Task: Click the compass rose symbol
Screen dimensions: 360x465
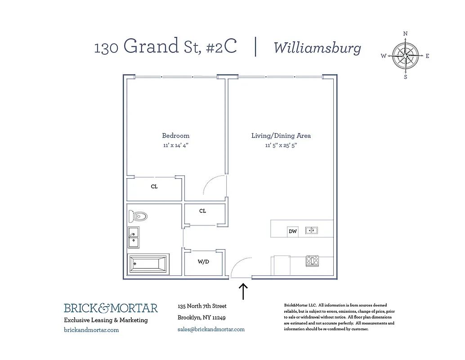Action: point(406,56)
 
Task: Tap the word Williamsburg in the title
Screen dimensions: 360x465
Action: point(317,48)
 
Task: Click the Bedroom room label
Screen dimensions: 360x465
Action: point(175,135)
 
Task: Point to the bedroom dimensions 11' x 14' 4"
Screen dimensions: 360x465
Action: point(175,145)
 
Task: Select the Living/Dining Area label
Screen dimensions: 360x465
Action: point(281,135)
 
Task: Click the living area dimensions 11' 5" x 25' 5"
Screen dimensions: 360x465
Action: point(281,145)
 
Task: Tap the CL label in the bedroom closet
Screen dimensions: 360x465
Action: point(154,186)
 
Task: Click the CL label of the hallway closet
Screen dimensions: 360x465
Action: point(203,211)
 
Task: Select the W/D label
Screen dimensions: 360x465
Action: point(203,262)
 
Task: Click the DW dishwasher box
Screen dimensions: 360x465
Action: point(293,231)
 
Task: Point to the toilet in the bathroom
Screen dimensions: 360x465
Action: point(138,216)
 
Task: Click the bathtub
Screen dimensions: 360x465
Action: point(148,264)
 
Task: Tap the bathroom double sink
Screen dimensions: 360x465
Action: point(134,237)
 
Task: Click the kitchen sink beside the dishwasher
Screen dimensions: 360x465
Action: point(311,231)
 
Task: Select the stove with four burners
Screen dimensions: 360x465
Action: point(312,261)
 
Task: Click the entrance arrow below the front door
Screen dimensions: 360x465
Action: point(243,291)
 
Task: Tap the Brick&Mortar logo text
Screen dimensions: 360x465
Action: point(111,308)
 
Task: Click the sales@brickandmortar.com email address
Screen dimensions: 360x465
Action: point(211,329)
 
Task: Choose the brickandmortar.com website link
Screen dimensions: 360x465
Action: point(91,330)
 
